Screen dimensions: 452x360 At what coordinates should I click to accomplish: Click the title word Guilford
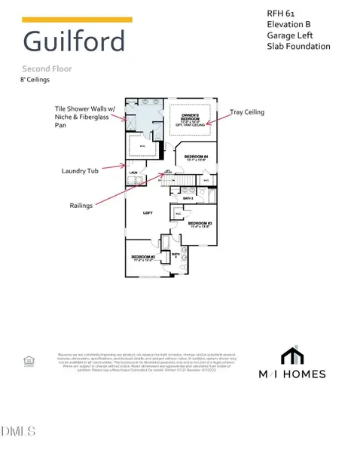74,41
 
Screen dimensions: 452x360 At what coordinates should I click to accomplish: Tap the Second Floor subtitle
46,67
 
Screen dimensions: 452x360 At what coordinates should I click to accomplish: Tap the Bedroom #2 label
143,258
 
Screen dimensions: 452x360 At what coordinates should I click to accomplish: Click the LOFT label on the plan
148,213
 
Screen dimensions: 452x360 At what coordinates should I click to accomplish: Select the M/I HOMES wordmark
304,374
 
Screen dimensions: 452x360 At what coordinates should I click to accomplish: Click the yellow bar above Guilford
77,20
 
